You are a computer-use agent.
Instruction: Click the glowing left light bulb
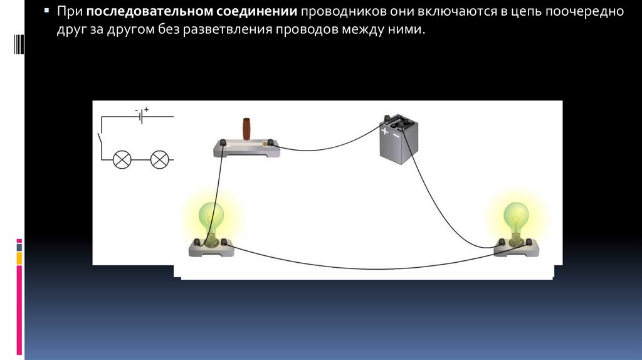[211, 218]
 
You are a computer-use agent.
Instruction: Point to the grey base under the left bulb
[211, 248]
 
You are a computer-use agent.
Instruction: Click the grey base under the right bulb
[516, 248]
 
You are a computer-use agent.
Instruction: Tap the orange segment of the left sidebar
[19, 258]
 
